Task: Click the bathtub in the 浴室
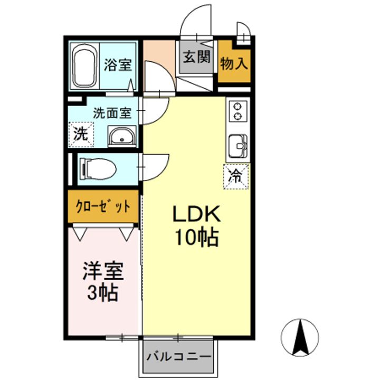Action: point(84,65)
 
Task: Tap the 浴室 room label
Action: point(118,64)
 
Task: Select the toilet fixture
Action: point(98,169)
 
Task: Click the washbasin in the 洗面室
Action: point(122,136)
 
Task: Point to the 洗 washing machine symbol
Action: point(81,134)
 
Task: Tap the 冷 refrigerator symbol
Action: point(236,176)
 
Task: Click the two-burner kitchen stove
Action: point(238,111)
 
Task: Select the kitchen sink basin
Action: point(238,146)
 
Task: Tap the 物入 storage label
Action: point(234,64)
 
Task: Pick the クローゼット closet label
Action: point(103,207)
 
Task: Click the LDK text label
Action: point(196,214)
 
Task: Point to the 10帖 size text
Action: point(197,237)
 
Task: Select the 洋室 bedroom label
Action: point(103,271)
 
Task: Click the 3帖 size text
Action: point(103,292)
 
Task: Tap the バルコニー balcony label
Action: point(179,356)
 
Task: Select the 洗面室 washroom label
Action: point(112,113)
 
